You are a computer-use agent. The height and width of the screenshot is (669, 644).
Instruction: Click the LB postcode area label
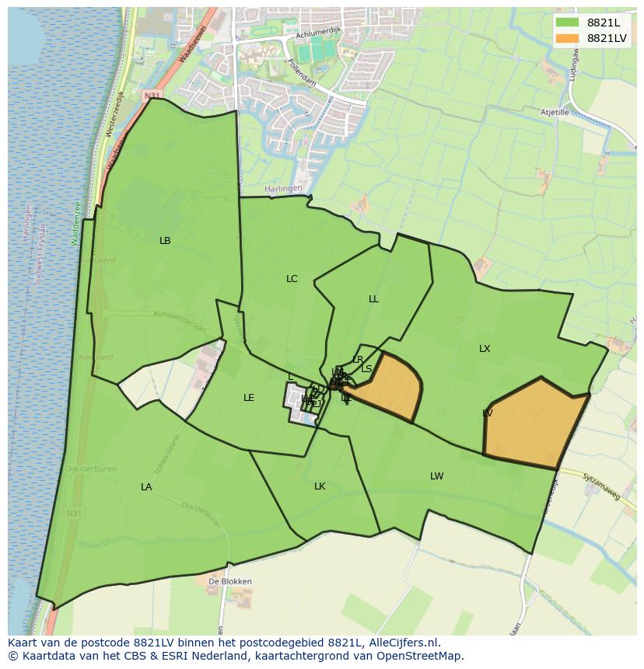(x=165, y=241)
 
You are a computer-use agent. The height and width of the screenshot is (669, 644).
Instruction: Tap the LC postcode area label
(x=292, y=279)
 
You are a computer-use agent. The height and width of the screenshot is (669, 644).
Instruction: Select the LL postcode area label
(x=373, y=299)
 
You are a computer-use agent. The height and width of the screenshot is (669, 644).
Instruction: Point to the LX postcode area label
(x=485, y=349)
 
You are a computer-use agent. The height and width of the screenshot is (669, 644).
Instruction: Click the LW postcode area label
(x=437, y=476)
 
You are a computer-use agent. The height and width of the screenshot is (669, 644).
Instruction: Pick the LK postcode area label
(x=320, y=486)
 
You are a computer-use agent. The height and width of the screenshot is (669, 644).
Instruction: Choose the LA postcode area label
(x=146, y=487)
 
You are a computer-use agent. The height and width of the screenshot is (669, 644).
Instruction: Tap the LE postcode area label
(x=249, y=398)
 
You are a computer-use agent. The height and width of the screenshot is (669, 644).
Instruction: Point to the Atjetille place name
(x=555, y=112)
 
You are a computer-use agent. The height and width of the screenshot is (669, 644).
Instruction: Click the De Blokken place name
(x=229, y=581)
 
